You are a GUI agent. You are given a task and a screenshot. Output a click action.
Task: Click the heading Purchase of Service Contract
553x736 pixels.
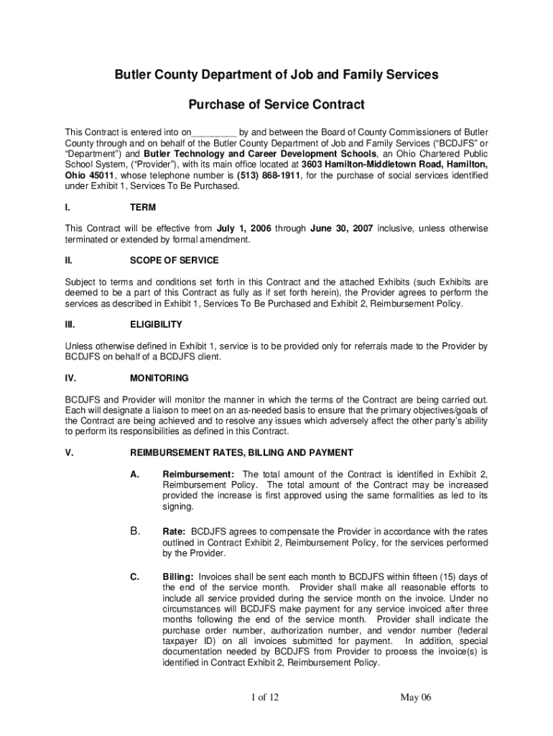276,105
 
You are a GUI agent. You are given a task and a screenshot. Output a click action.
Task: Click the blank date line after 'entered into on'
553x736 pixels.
215,133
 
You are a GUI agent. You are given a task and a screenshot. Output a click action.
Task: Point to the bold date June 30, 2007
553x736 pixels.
337,229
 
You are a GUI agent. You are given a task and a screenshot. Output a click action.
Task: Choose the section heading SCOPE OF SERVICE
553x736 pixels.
174,260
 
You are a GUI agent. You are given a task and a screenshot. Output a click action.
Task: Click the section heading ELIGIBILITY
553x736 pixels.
156,324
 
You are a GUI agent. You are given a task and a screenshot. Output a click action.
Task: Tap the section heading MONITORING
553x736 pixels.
159,377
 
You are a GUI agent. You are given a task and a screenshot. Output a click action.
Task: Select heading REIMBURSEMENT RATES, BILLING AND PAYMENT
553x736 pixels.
241,453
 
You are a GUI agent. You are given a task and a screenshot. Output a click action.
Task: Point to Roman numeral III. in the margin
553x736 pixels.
70,324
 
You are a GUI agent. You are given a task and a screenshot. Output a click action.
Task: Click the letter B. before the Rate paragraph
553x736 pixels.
135,532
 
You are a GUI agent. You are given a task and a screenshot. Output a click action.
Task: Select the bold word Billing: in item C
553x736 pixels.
178,577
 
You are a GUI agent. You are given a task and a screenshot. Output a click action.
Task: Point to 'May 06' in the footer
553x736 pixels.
416,698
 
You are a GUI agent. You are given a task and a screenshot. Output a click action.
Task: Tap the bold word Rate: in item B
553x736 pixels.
175,533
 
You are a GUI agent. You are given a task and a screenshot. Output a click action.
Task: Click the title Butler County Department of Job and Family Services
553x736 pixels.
276,75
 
